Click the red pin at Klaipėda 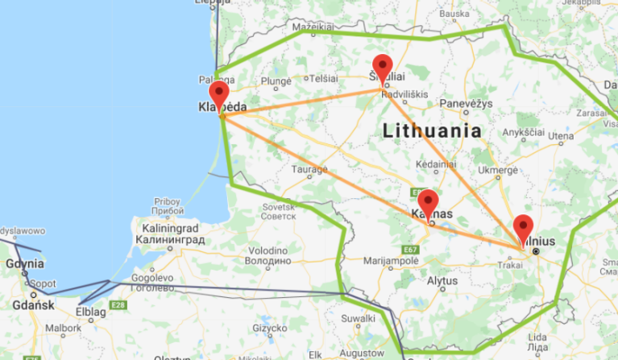[218, 91]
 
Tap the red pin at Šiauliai [382, 66]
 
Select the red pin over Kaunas [428, 201]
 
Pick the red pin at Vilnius [524, 226]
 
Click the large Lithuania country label [432, 130]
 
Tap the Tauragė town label [309, 170]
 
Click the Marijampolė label [392, 260]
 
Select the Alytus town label [441, 280]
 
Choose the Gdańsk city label [33, 305]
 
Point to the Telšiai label [323, 78]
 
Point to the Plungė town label [276, 81]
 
